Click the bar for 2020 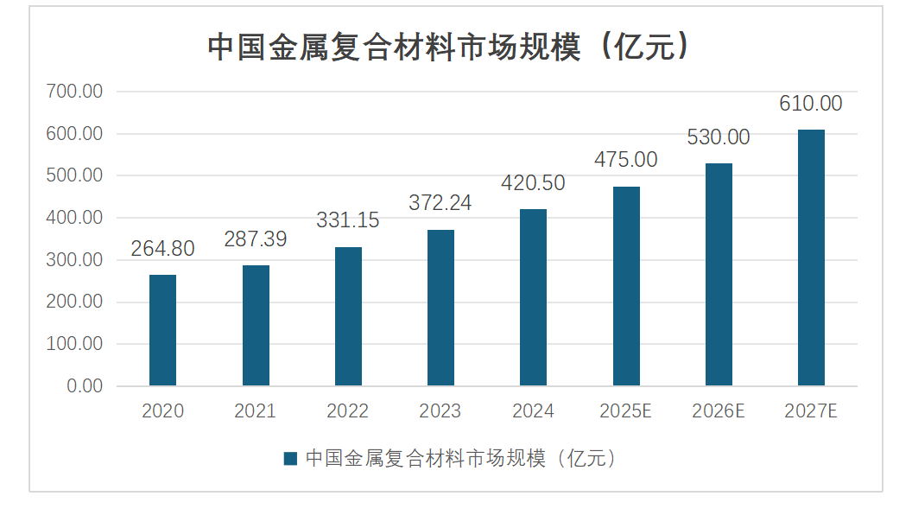(x=162, y=330)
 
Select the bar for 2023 (x=440, y=308)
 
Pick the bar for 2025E (x=626, y=286)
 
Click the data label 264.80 (x=162, y=249)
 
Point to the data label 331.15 (x=348, y=220)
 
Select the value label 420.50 (x=533, y=183)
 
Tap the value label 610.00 (x=810, y=104)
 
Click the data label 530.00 (x=718, y=137)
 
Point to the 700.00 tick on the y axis (x=73, y=92)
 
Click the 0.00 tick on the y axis (x=85, y=386)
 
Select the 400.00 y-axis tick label (x=73, y=218)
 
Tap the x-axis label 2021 (x=255, y=411)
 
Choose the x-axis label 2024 (x=533, y=411)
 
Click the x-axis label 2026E (x=718, y=411)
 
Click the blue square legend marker (x=291, y=458)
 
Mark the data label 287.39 (x=255, y=239)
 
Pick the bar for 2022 (x=348, y=316)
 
